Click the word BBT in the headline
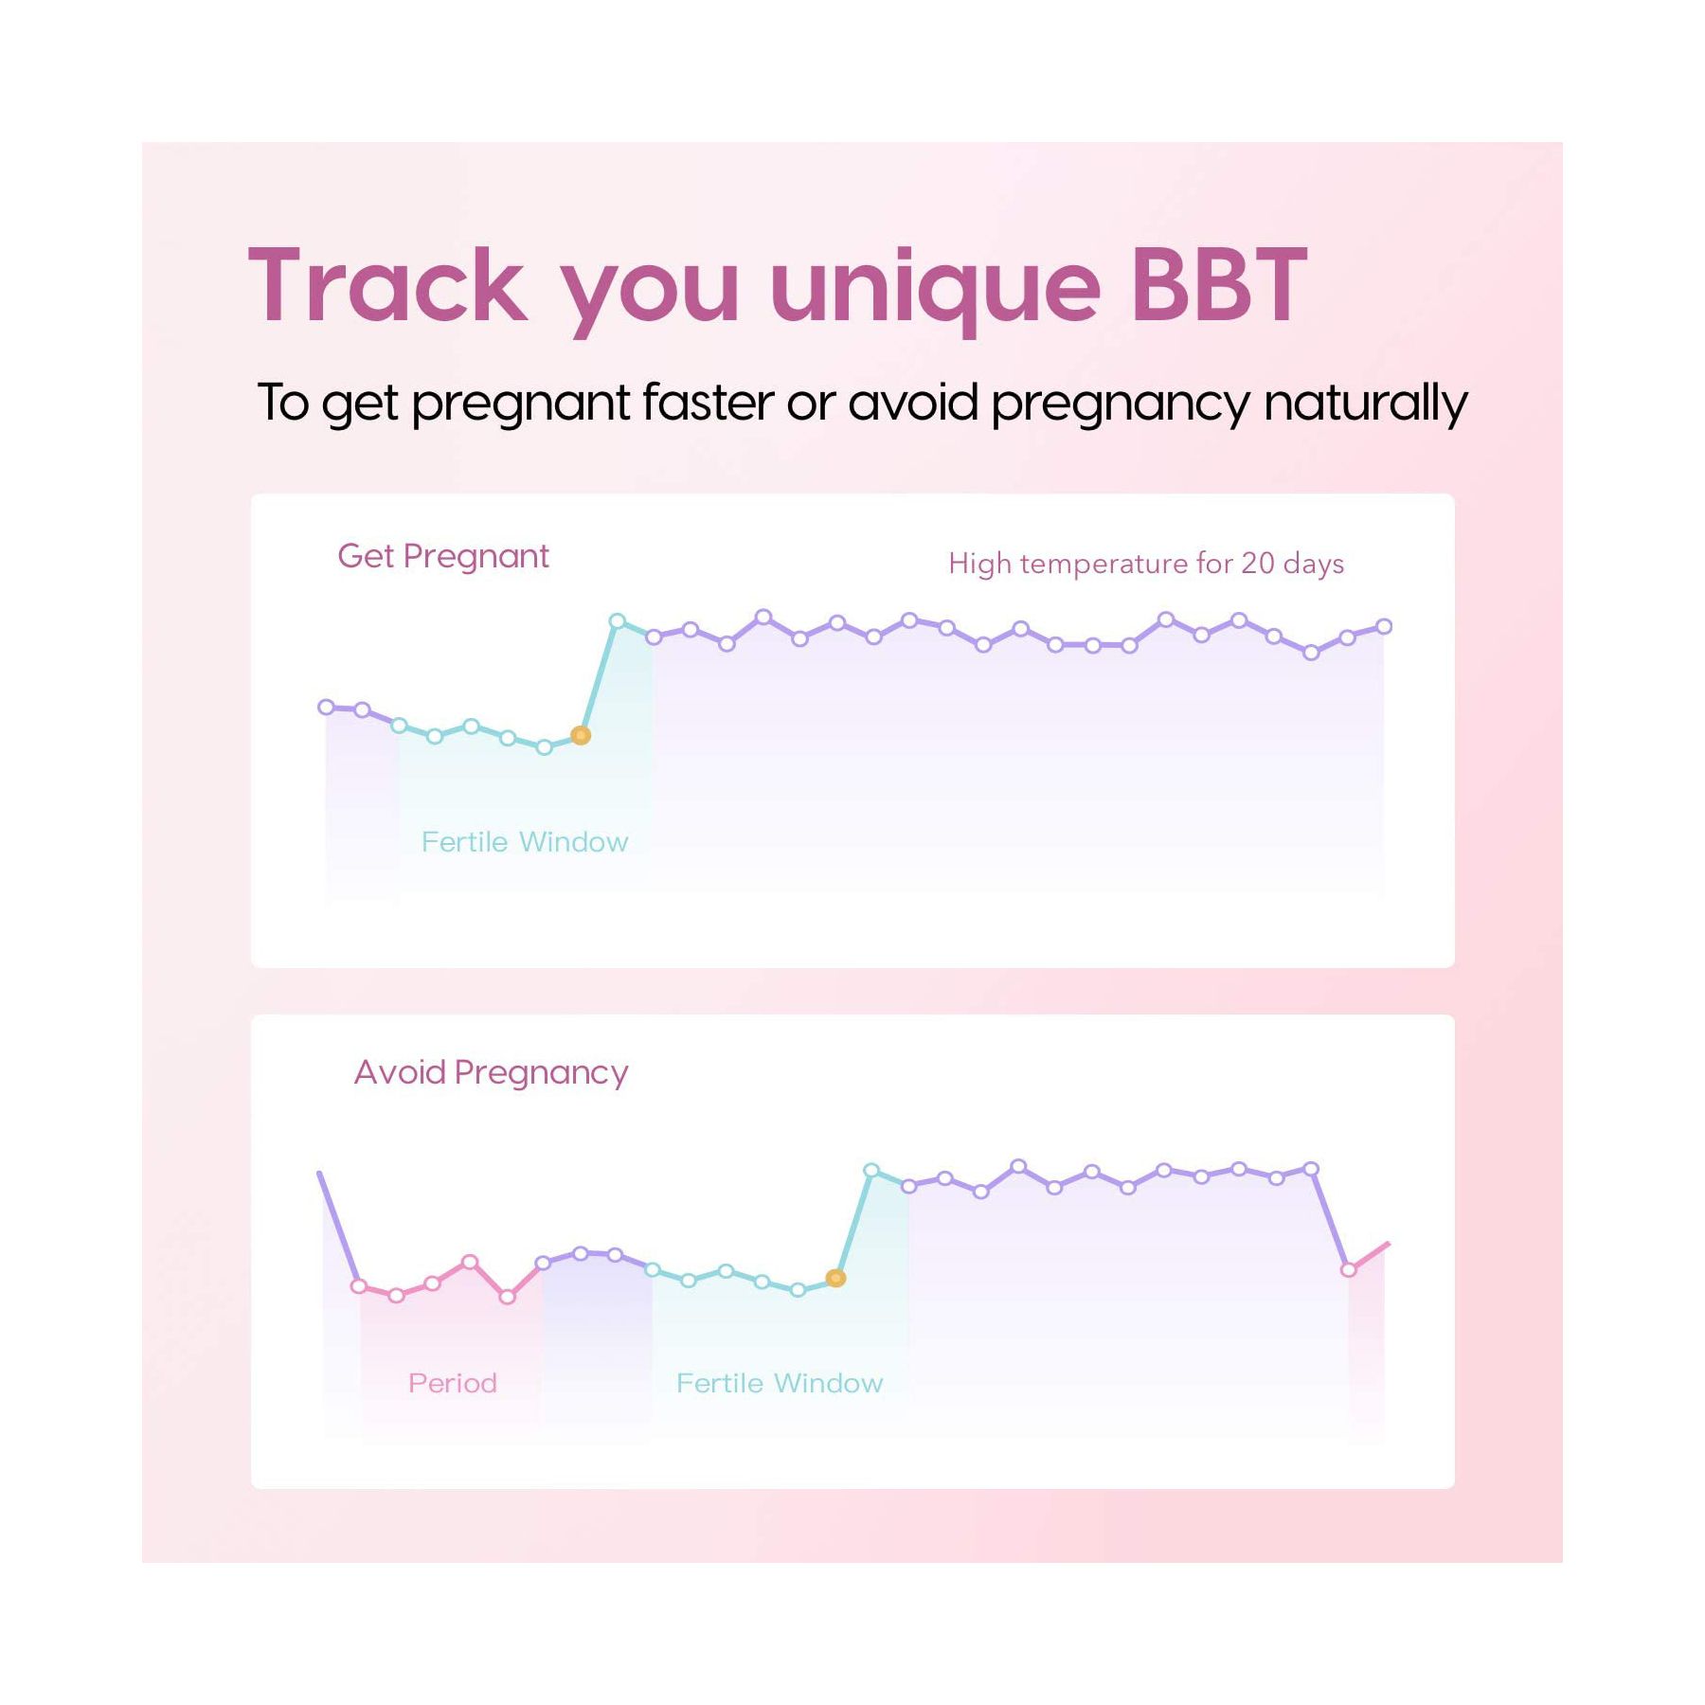pos(1219,285)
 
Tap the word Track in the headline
pos(386,285)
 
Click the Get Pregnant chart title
pos(443,557)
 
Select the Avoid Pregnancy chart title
pos(491,1073)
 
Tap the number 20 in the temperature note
pos(1258,564)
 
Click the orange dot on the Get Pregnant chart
pos(581,735)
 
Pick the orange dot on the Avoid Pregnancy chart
pos(835,1278)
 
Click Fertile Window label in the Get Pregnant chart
pos(525,842)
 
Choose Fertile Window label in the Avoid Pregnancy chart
pos(780,1384)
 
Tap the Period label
pos(453,1384)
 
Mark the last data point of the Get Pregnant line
pos(1384,626)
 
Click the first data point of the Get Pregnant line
pos(326,707)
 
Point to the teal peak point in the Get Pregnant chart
pos(618,621)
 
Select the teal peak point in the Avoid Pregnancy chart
pos(871,1171)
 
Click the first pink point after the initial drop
pos(359,1286)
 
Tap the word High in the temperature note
pos(980,564)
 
